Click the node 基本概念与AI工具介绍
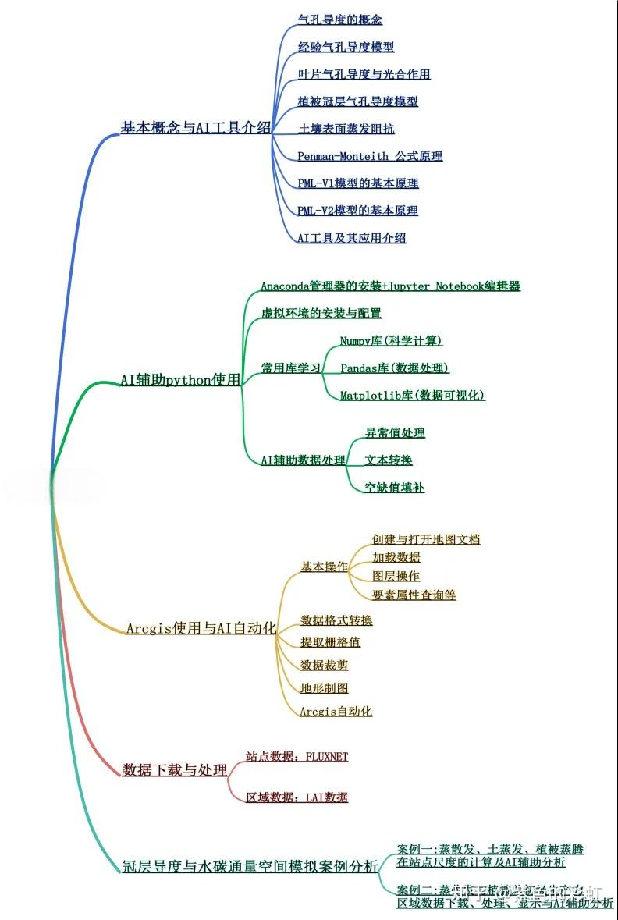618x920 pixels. click(x=196, y=127)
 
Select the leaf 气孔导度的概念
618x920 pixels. click(x=340, y=20)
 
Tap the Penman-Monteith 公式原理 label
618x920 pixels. click(x=370, y=156)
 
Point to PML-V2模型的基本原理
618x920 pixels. click(x=358, y=211)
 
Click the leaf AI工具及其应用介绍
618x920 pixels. click(x=352, y=238)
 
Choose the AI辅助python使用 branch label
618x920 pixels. click(x=180, y=380)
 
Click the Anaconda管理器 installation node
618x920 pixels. click(x=390, y=286)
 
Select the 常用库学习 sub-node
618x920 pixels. click(x=291, y=368)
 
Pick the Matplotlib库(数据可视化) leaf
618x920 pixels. click(x=413, y=396)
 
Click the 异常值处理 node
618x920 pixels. click(x=395, y=433)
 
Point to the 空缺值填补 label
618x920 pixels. click(x=395, y=488)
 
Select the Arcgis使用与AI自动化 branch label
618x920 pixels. click(x=201, y=628)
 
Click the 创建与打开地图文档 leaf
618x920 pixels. click(x=426, y=539)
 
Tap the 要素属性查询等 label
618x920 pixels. click(x=414, y=595)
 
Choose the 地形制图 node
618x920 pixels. click(x=324, y=688)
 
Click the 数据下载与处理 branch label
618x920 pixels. click(x=175, y=770)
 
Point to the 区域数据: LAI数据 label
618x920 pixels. click(x=297, y=797)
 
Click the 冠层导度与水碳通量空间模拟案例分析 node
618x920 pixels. click(x=250, y=867)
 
